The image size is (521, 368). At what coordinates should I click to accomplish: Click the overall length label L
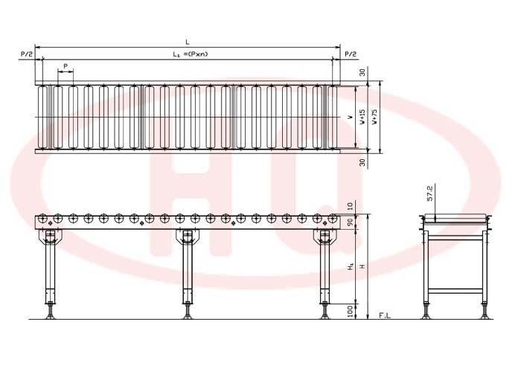pos(188,42)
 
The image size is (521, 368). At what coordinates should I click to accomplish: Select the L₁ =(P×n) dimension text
pos(190,54)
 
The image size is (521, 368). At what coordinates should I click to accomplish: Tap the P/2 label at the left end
pos(27,54)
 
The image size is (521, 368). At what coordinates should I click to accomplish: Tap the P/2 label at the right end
pos(351,54)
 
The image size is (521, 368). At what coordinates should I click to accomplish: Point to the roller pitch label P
pos(65,66)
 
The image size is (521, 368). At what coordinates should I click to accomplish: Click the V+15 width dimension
pos(362,117)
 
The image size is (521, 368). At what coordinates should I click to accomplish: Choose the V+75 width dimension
pos(374,117)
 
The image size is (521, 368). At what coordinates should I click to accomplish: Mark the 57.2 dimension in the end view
pos(430,193)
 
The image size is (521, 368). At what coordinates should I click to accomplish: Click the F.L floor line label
pos(385,315)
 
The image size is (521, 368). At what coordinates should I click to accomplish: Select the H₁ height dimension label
pos(351,266)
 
